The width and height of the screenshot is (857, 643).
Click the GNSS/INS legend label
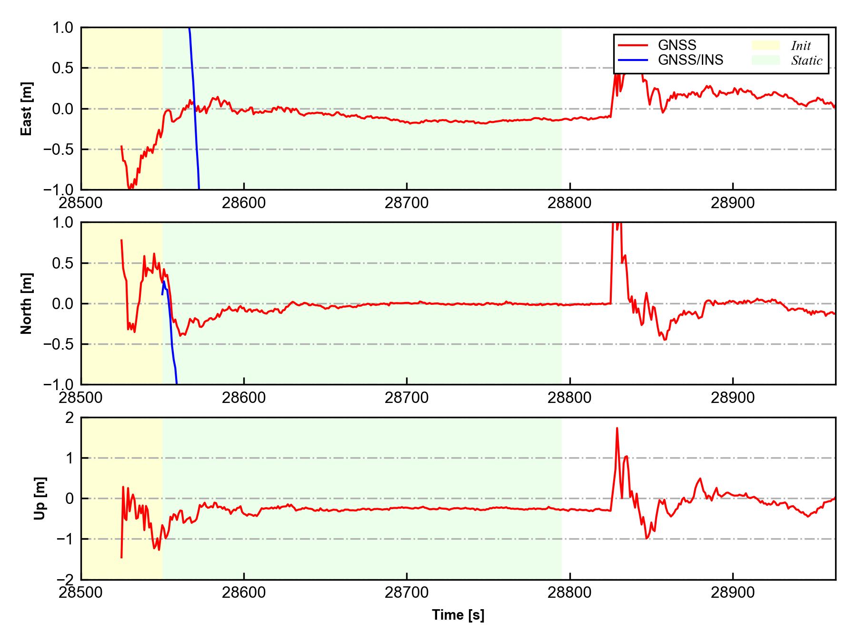(x=690, y=60)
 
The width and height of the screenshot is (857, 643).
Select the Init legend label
(x=801, y=46)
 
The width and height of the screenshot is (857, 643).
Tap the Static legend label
(x=807, y=60)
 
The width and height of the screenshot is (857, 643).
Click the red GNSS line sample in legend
(x=633, y=45)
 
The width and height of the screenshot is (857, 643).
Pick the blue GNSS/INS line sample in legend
(x=633, y=60)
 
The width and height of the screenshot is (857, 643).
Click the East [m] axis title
(x=27, y=109)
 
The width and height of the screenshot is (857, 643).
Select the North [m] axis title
(x=27, y=303)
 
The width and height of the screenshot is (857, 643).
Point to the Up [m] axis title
(x=40, y=498)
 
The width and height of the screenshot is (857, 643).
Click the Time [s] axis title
(x=458, y=615)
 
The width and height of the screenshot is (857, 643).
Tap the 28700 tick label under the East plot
(x=407, y=203)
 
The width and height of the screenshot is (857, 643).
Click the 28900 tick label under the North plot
(x=732, y=398)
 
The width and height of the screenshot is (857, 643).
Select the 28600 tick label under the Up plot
(x=244, y=593)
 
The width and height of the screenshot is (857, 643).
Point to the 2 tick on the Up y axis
(x=70, y=418)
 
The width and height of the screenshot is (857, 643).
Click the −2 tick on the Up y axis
(x=65, y=579)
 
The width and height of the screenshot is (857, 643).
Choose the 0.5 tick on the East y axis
(x=64, y=68)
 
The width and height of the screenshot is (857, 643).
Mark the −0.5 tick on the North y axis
(x=60, y=344)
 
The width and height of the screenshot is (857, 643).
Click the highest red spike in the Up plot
(x=617, y=429)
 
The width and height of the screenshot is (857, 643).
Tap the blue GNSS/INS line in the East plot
(x=194, y=110)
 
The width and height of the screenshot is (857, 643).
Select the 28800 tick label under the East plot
(x=569, y=203)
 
